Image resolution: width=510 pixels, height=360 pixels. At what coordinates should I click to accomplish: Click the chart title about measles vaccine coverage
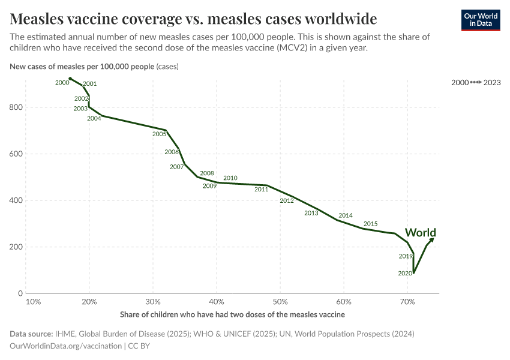pos(193,17)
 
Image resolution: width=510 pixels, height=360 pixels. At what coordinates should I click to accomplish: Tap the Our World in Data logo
pos(480,20)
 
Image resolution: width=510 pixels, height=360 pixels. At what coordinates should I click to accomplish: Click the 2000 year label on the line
pos(62,83)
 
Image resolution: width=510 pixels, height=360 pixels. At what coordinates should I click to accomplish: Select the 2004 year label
pos(94,118)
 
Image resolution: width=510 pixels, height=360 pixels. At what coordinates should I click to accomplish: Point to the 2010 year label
pos(230,178)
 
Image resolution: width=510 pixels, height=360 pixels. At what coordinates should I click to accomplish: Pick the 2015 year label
pos(370,224)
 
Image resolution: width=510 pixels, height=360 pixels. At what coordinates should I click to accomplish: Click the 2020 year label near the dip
pos(405,273)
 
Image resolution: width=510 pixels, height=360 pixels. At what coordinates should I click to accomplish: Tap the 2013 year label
pos(311,213)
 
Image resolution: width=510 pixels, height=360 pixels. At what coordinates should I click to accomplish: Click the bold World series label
pos(420,233)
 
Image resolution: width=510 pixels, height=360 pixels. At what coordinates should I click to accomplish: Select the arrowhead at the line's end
pos(432,239)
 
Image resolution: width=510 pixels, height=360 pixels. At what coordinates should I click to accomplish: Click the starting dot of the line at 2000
pos(70,79)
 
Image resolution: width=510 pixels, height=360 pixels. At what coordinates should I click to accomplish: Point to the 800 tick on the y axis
pos(17,107)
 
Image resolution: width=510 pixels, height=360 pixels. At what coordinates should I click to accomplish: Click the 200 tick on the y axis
pos(17,247)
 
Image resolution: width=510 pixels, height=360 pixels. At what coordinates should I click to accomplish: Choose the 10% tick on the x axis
pos(34,301)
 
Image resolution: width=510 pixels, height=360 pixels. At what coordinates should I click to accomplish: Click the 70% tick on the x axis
pos(407,301)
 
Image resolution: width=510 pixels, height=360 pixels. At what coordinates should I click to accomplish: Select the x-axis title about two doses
pos(232,314)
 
